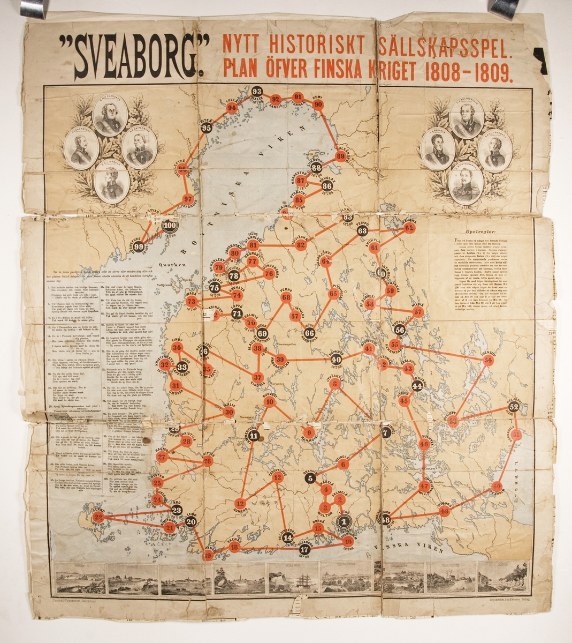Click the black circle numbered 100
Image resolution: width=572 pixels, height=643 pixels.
(x=170, y=226)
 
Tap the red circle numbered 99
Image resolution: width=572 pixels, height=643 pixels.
(x=140, y=246)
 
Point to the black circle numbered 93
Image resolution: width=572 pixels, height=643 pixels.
(x=257, y=91)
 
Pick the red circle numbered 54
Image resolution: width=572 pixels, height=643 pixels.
(x=487, y=361)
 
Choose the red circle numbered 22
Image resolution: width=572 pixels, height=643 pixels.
(x=97, y=517)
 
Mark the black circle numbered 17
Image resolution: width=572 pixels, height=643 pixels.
(x=304, y=549)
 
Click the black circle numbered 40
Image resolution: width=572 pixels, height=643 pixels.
(x=335, y=360)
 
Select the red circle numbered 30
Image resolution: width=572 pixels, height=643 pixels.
(x=228, y=412)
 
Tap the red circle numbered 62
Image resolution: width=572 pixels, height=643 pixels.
(x=410, y=228)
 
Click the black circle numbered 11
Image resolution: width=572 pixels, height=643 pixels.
(x=254, y=436)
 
